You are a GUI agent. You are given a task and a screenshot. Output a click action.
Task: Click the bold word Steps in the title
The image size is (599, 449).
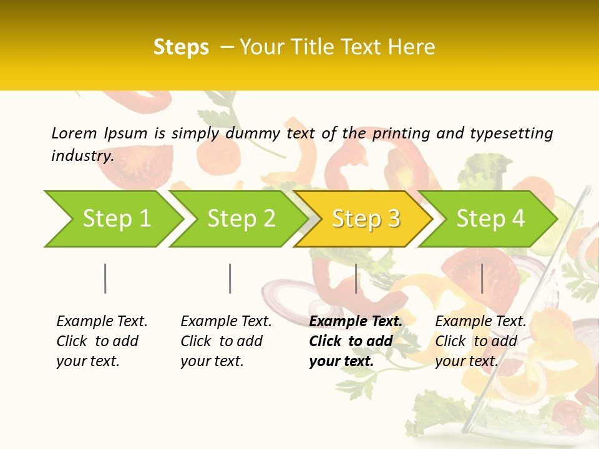(181, 47)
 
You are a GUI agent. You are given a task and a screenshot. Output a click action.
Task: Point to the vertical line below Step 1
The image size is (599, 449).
(105, 278)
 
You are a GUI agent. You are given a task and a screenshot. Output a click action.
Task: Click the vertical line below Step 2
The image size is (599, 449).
(230, 278)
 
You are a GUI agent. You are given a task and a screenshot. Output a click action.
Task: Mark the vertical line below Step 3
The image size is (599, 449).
(356, 278)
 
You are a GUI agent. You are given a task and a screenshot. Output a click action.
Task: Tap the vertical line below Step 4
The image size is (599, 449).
(482, 278)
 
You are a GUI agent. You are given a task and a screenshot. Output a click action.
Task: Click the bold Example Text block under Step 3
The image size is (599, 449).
(355, 341)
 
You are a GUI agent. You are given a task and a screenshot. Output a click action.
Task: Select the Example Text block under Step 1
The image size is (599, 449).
(102, 341)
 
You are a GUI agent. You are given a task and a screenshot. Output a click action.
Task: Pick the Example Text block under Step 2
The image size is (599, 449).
(226, 341)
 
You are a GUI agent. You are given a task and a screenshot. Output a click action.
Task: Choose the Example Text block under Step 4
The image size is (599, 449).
(480, 341)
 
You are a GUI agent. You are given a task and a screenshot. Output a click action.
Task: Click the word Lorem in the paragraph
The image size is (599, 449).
(74, 133)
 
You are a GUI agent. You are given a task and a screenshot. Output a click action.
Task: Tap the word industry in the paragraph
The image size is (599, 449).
(82, 156)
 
